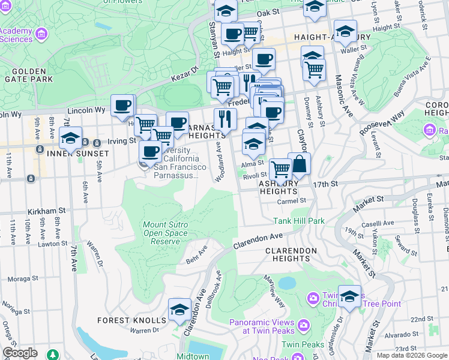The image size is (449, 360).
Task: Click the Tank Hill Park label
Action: click(x=299, y=221)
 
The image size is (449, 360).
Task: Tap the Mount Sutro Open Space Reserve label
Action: click(x=165, y=233)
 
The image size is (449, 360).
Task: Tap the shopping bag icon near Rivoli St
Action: click(x=299, y=164)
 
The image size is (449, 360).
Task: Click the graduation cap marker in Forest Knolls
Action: click(x=179, y=310)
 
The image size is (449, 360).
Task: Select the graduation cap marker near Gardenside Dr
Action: click(x=349, y=297)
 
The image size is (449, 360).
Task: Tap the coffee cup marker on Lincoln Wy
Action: click(x=122, y=106)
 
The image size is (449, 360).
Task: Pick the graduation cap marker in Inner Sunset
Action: click(x=70, y=138)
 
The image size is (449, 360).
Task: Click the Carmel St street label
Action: click(x=292, y=201)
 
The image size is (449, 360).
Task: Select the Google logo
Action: click(x=20, y=352)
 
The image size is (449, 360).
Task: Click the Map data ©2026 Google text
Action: click(x=412, y=355)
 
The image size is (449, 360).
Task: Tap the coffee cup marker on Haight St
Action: click(x=232, y=34)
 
